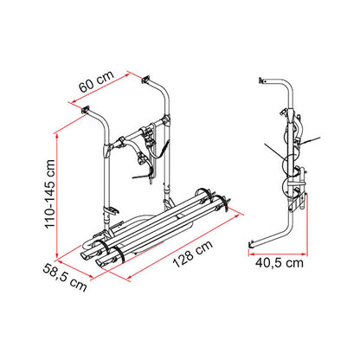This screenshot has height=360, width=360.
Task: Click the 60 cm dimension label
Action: click(97, 81)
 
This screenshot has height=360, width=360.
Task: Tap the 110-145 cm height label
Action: click(49, 194)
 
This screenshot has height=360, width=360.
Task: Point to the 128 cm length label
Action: click(193, 254)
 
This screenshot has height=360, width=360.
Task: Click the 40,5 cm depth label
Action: click(280, 263)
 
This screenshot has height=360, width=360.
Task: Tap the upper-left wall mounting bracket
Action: click(86, 110)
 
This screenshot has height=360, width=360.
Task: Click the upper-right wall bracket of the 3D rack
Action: click(145, 80)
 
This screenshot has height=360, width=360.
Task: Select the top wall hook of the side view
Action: click(262, 80)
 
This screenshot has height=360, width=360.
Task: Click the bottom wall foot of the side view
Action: click(251, 244)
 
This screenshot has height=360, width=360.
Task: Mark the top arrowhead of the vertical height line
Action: click(57, 135)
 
